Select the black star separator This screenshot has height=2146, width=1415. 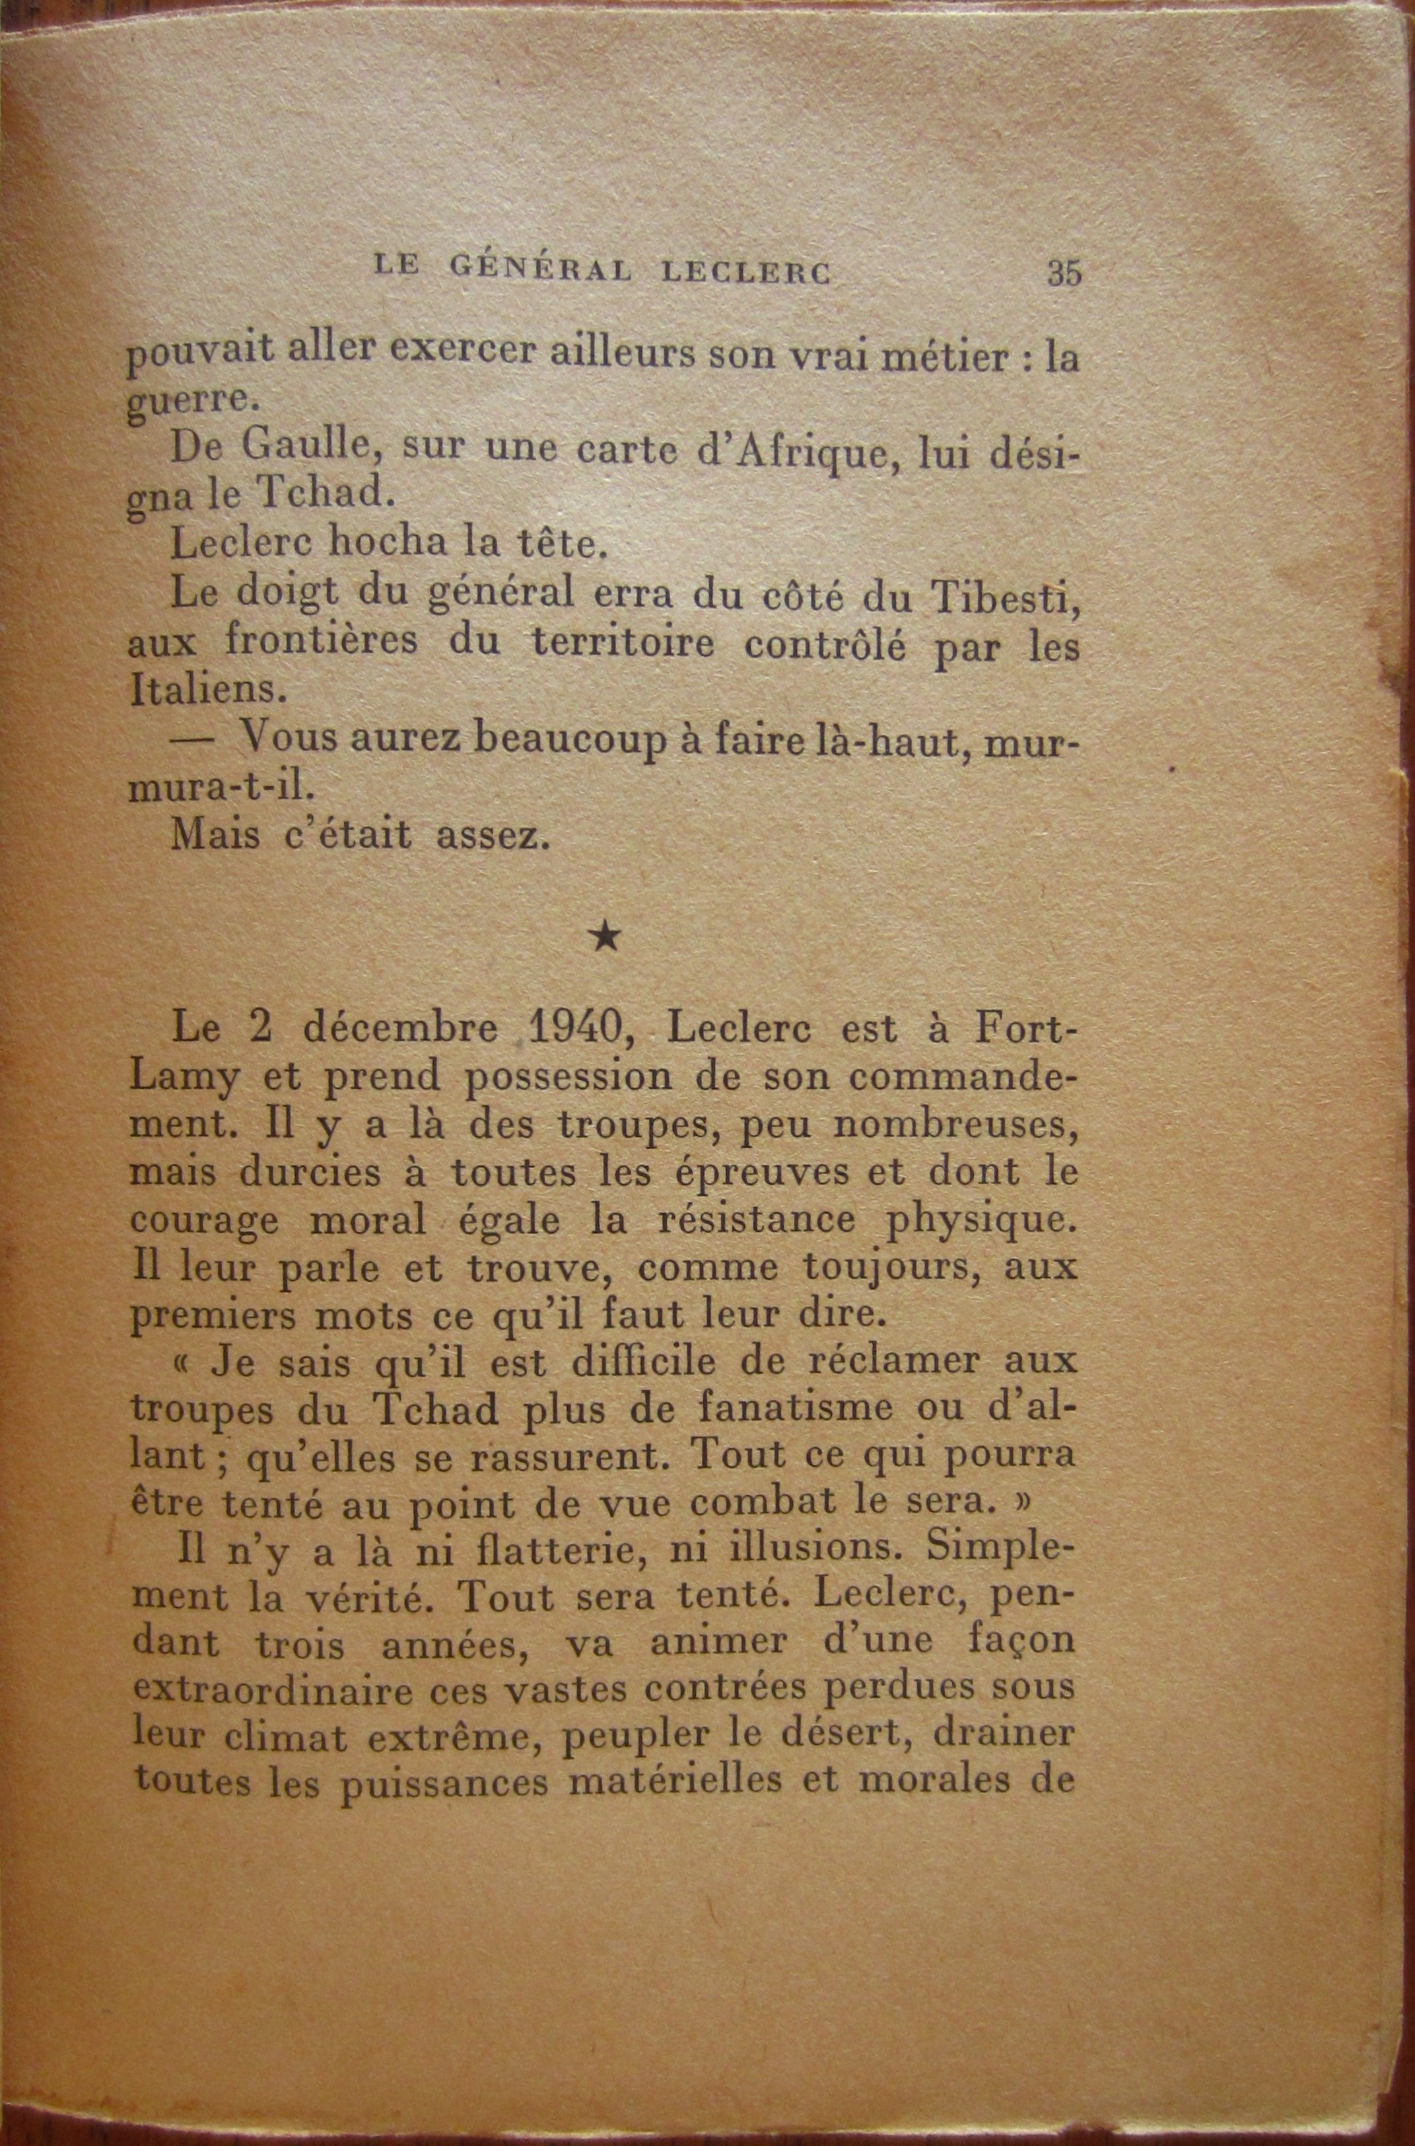pos(607,939)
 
